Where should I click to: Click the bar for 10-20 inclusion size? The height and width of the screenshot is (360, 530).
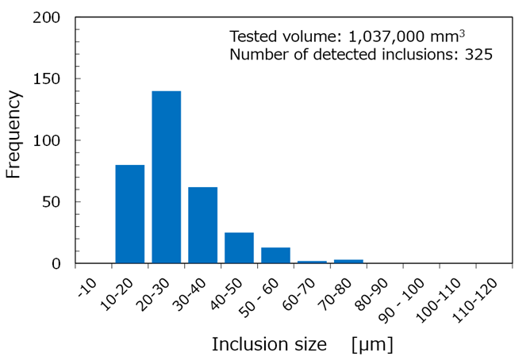pos(130,214)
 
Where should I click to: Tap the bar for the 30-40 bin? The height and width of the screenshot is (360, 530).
pos(202,225)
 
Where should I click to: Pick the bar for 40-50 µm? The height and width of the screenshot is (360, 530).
pos(239,247)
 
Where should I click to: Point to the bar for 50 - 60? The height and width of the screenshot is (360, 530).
pos(275,255)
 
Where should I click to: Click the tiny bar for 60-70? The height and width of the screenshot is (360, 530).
pos(311,262)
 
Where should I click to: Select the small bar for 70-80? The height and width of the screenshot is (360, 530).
pos(348,261)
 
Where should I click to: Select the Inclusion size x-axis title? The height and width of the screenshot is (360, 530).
pos(269,345)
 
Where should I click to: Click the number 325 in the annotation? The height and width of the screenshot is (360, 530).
pos(479,55)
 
